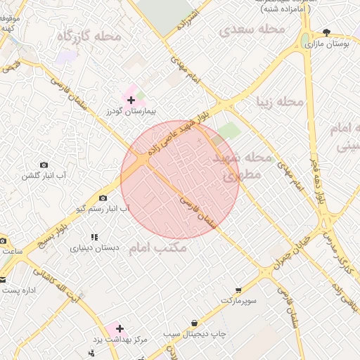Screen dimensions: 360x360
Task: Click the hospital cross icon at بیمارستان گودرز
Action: [x=131, y=101]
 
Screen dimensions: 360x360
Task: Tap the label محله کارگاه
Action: [x=89, y=35]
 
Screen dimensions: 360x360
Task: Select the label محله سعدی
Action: [x=252, y=30]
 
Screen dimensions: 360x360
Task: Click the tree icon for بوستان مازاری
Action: [x=326, y=32]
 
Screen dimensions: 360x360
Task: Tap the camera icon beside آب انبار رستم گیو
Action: [x=104, y=198]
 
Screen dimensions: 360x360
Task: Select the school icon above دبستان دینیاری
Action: [x=95, y=237]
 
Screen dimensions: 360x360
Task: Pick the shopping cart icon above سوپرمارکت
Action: [x=238, y=290]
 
